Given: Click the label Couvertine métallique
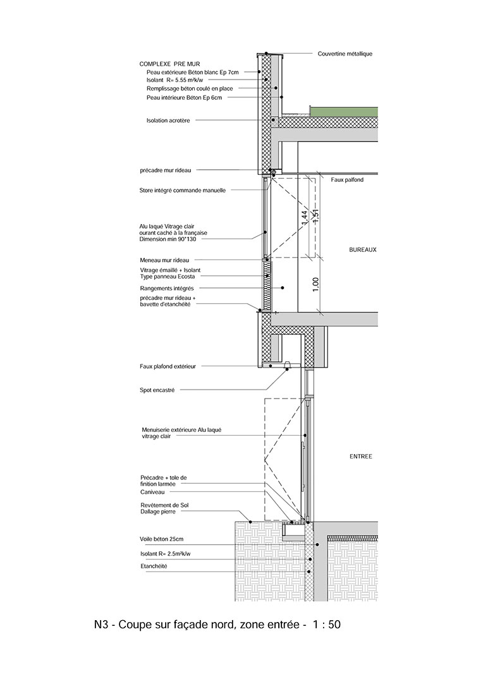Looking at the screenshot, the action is click(345, 54).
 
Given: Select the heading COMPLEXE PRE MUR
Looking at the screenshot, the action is click(170, 64).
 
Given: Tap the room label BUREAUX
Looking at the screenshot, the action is click(363, 250).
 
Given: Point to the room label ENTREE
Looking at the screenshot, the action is click(361, 457).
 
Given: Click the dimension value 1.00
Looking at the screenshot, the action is click(316, 284).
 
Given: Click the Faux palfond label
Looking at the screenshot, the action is click(347, 179).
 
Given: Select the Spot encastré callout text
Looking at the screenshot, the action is click(157, 390).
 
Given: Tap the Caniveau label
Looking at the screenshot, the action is click(153, 492).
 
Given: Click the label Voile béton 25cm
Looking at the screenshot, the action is click(162, 539).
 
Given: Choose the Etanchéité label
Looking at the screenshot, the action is click(154, 566).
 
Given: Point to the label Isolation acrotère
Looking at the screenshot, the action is click(168, 121).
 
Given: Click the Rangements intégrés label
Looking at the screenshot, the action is click(167, 289).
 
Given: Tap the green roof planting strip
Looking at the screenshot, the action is click(343, 111).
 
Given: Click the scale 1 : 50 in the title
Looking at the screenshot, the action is click(326, 625).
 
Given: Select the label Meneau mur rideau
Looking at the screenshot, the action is click(164, 261).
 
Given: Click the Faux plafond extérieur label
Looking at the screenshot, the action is click(168, 367).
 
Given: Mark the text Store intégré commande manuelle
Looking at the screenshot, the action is click(183, 190).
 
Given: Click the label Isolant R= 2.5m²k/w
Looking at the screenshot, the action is click(166, 554).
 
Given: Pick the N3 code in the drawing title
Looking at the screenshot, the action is click(101, 625).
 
